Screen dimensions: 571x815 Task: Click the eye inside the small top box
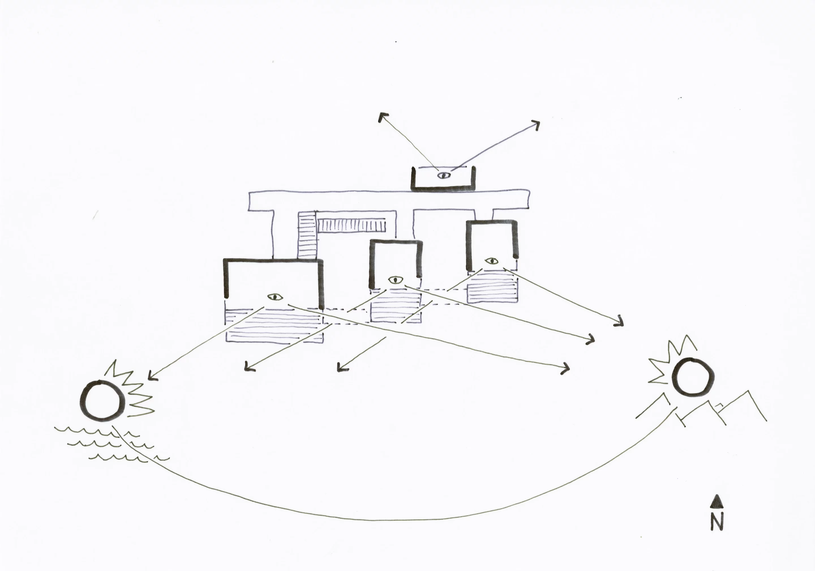click(x=444, y=175)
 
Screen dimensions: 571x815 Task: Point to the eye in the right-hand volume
click(x=492, y=261)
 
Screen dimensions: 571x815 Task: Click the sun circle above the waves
click(x=103, y=401)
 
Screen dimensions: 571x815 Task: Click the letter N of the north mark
click(x=717, y=522)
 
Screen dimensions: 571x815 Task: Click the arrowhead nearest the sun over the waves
click(x=151, y=376)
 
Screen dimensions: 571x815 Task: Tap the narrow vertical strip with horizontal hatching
click(x=307, y=235)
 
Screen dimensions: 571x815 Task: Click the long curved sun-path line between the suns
click(x=391, y=520)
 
